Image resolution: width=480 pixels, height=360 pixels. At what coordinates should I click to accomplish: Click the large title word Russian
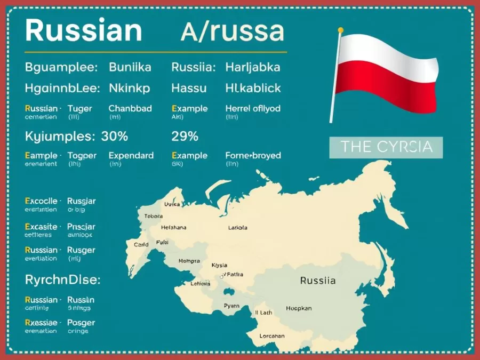coord(83,30)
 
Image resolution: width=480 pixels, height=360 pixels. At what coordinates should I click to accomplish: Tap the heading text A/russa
coord(232,31)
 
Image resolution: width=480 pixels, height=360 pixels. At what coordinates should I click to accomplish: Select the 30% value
coord(114,136)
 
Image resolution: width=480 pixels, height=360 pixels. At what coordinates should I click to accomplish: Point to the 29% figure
coord(185,136)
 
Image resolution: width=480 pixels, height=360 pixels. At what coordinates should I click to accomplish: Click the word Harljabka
coord(253,68)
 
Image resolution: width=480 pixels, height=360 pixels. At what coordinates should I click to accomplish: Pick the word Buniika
coord(130,68)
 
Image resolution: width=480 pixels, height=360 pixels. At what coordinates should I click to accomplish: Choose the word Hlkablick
coord(253,88)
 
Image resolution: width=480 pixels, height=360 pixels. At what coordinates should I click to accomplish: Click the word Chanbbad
coord(130,108)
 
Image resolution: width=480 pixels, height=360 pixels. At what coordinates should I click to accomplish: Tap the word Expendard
coord(131,156)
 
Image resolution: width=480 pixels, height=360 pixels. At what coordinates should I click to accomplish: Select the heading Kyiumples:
coord(59,136)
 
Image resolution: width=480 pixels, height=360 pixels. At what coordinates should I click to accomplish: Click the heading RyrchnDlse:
coord(62,279)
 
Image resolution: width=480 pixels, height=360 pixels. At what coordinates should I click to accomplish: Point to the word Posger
coord(81,323)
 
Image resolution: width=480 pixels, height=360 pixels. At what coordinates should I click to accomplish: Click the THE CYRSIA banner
coord(386,147)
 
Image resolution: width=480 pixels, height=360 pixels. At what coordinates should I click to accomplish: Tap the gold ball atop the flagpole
coord(341,29)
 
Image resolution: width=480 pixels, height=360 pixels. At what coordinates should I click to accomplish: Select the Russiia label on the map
coord(318,281)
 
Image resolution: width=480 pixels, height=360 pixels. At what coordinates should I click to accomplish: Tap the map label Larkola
coord(237,228)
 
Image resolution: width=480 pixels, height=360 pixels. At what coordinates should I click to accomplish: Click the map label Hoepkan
coord(299,308)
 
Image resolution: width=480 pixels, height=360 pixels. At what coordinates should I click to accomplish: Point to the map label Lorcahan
coord(271,336)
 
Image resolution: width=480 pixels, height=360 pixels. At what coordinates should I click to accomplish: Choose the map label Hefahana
coord(174,228)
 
